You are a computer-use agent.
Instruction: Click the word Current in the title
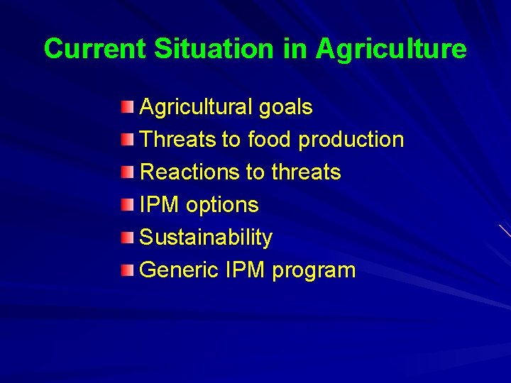coord(95,49)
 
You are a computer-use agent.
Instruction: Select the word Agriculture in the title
coord(391,50)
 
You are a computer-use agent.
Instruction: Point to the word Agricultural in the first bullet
coord(196,107)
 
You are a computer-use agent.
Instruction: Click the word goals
coord(285,108)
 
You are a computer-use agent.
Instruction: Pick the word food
coord(269,140)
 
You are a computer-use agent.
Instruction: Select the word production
coord(351,140)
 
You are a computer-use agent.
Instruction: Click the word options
coord(222,206)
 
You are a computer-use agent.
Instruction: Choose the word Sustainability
coord(206,238)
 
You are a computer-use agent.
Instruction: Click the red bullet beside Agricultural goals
coord(126,107)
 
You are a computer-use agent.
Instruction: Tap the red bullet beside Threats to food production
coord(126,140)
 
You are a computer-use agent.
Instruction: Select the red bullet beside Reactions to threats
coord(126,172)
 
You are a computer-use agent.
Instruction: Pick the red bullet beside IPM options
coord(126,205)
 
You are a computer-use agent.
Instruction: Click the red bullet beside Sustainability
coord(126,238)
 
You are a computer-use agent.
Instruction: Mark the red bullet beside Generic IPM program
coord(126,270)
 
